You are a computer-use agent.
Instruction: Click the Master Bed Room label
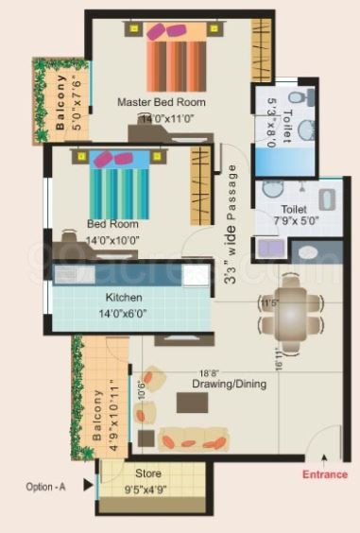point(162,102)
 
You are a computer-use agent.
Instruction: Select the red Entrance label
point(324,475)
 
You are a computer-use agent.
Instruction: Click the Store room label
point(147,473)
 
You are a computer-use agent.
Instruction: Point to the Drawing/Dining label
point(229,385)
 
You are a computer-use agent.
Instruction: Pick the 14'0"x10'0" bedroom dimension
point(112,240)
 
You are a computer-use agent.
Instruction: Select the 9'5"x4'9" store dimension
point(147,489)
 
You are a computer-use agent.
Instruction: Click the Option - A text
point(47,488)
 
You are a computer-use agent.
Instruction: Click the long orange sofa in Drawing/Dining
point(193,439)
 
